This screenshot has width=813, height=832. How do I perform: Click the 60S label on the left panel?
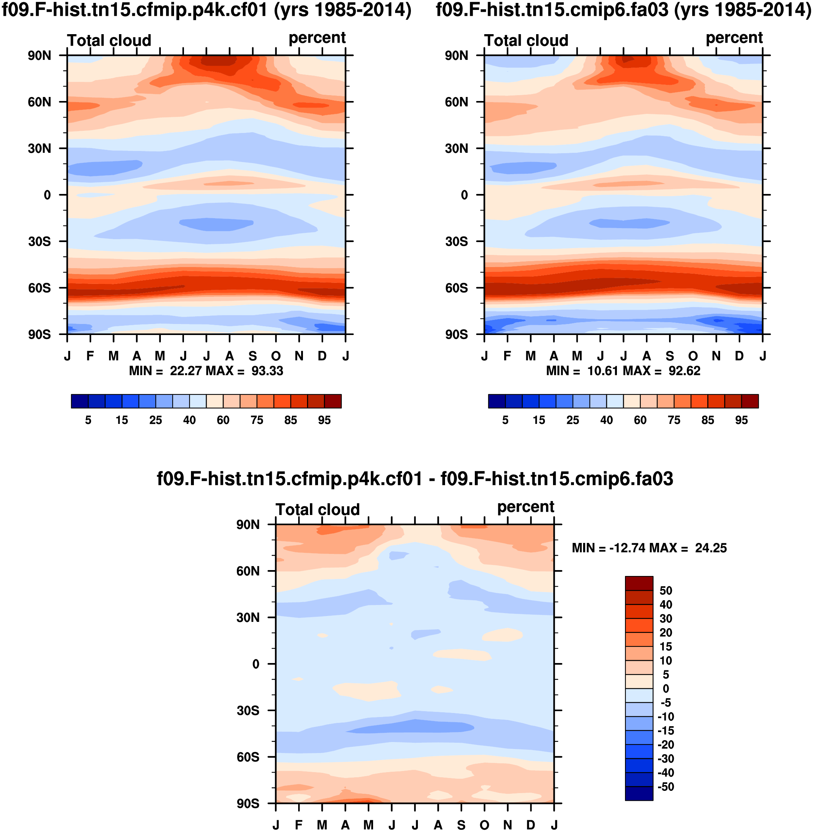[x=39, y=288]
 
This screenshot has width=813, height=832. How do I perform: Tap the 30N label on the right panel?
[x=456, y=148]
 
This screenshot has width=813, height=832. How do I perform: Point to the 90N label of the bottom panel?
[x=247, y=525]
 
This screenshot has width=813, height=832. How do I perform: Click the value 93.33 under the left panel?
[x=267, y=371]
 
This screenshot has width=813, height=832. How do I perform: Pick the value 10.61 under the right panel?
[x=603, y=371]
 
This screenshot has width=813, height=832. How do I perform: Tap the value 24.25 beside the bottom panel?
[x=711, y=548]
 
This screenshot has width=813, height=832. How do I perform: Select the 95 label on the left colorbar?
[x=324, y=420]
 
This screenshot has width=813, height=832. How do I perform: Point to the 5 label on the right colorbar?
[x=505, y=420]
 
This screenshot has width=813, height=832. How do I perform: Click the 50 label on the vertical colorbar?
[x=666, y=591]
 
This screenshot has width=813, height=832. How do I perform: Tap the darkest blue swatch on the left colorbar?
[x=80, y=401]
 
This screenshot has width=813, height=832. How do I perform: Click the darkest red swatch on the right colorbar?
[x=750, y=401]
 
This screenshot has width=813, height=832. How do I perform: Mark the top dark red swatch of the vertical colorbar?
[x=639, y=583]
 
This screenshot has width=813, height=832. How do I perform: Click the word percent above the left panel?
[x=317, y=38]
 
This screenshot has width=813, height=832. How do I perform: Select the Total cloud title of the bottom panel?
[x=318, y=509]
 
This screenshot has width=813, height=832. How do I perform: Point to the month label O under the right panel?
[x=693, y=356]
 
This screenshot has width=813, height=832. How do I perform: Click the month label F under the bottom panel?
[x=299, y=825]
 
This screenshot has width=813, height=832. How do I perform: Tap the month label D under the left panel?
[x=322, y=356]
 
